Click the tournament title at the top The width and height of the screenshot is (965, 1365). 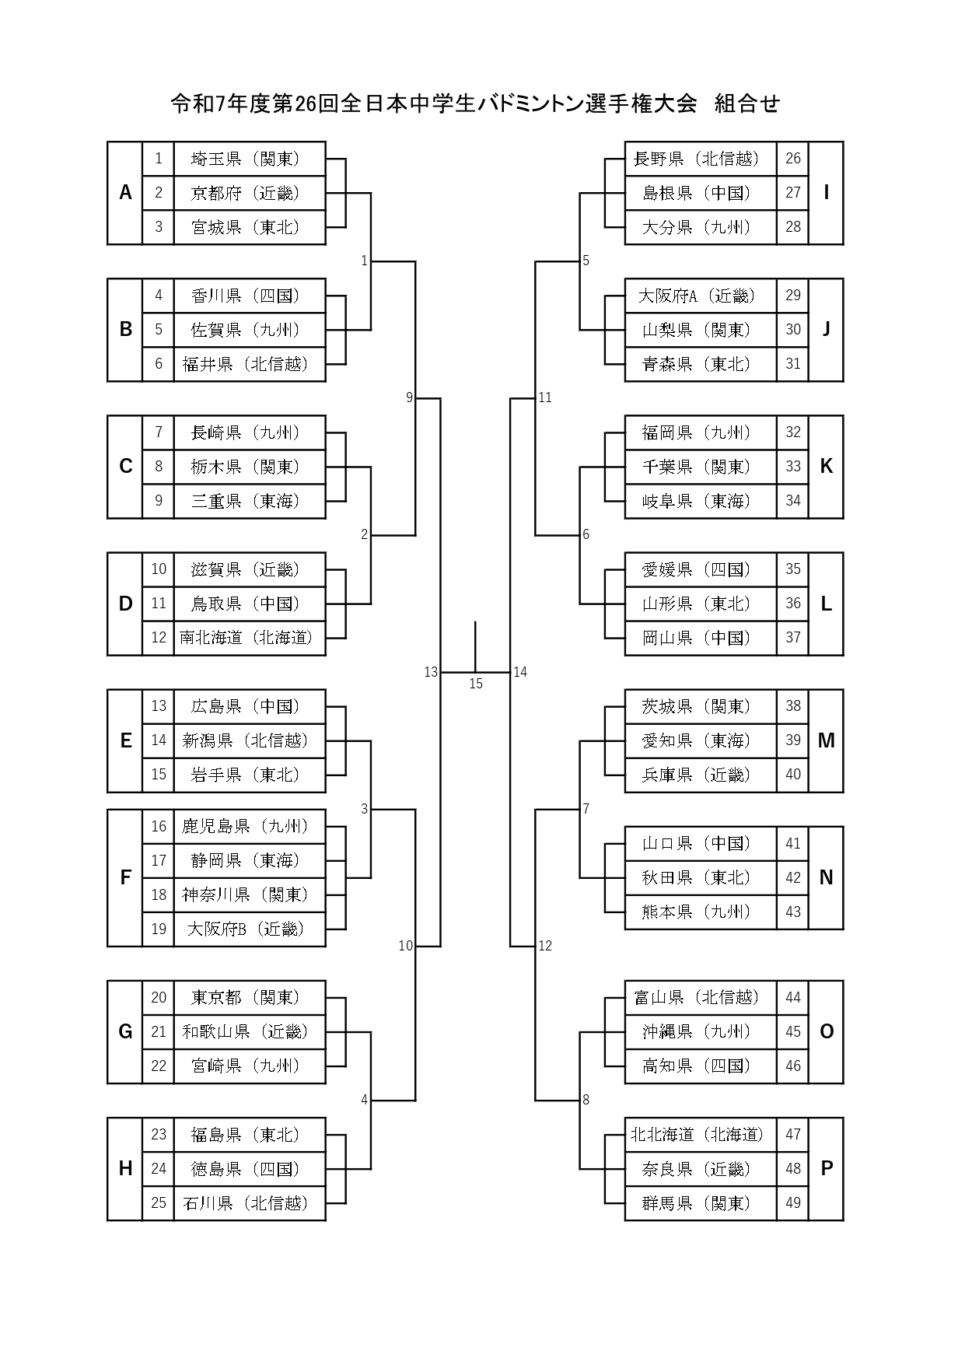[x=475, y=103]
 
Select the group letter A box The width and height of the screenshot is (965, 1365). [x=125, y=193]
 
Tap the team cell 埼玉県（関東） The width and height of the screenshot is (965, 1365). [x=249, y=159]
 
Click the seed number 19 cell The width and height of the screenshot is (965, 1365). [x=159, y=929]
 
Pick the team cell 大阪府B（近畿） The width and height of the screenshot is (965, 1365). [x=249, y=929]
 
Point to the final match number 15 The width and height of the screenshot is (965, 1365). [x=476, y=684]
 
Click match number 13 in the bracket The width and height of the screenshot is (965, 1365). [x=431, y=672]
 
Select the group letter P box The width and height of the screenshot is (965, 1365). [x=826, y=1168]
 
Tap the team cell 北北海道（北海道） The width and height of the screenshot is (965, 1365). [x=700, y=1135]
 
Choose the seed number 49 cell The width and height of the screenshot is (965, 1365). [x=793, y=1202]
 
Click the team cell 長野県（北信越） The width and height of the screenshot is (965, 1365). [x=700, y=159]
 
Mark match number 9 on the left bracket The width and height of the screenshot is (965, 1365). [x=409, y=397]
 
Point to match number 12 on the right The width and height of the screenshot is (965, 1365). [x=545, y=946]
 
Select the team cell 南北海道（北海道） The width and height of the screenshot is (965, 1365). [x=249, y=638]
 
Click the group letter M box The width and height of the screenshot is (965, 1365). [x=826, y=740]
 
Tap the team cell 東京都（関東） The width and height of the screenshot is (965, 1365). [x=249, y=997]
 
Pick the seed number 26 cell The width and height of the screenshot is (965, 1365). [x=793, y=159]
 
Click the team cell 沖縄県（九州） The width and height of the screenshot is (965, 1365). [x=700, y=1031]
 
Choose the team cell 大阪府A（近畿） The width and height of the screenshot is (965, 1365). [x=700, y=296]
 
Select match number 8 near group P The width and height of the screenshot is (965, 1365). [x=586, y=1100]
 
